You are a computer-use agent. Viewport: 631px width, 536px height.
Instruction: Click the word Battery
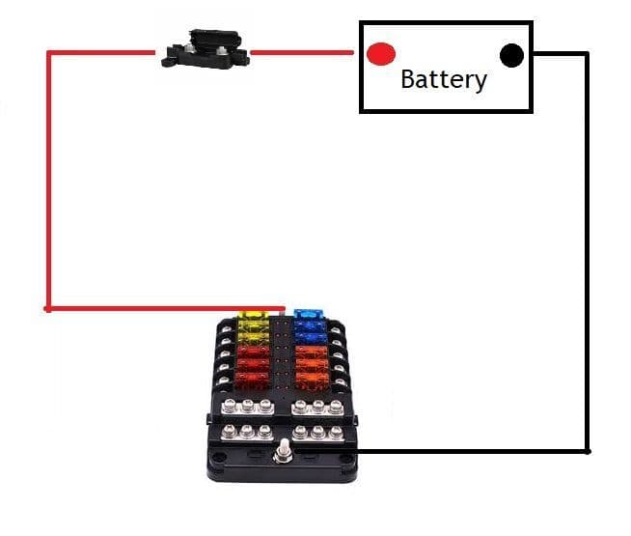[x=444, y=78]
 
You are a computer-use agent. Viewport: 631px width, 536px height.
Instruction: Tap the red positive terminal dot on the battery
[x=381, y=53]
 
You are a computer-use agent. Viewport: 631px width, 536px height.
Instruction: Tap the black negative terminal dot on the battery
[x=511, y=55]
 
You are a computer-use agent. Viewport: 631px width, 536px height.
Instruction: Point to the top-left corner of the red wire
[x=48, y=52]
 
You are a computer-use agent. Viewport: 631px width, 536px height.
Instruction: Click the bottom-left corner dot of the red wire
[x=47, y=309]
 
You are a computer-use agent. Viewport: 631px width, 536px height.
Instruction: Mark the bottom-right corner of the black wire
[x=587, y=451]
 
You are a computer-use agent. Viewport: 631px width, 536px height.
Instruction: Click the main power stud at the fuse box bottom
[x=283, y=452]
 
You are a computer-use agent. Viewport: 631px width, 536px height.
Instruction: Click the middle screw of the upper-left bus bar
[x=247, y=406]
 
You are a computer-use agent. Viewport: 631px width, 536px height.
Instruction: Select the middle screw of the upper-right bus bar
[x=317, y=406]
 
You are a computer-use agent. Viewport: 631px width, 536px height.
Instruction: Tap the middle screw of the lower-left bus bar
[x=246, y=431]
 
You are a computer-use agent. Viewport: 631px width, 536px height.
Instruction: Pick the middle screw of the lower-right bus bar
[x=317, y=431]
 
